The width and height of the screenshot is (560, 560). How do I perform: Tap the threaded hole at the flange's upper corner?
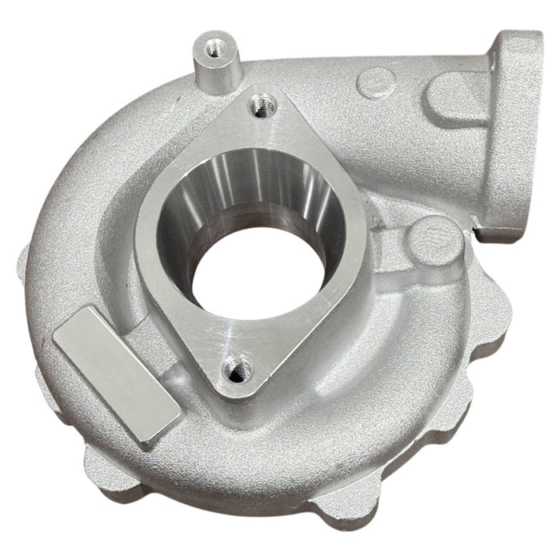point(260,102)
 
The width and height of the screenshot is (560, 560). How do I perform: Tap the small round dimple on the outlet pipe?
point(374,81)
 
